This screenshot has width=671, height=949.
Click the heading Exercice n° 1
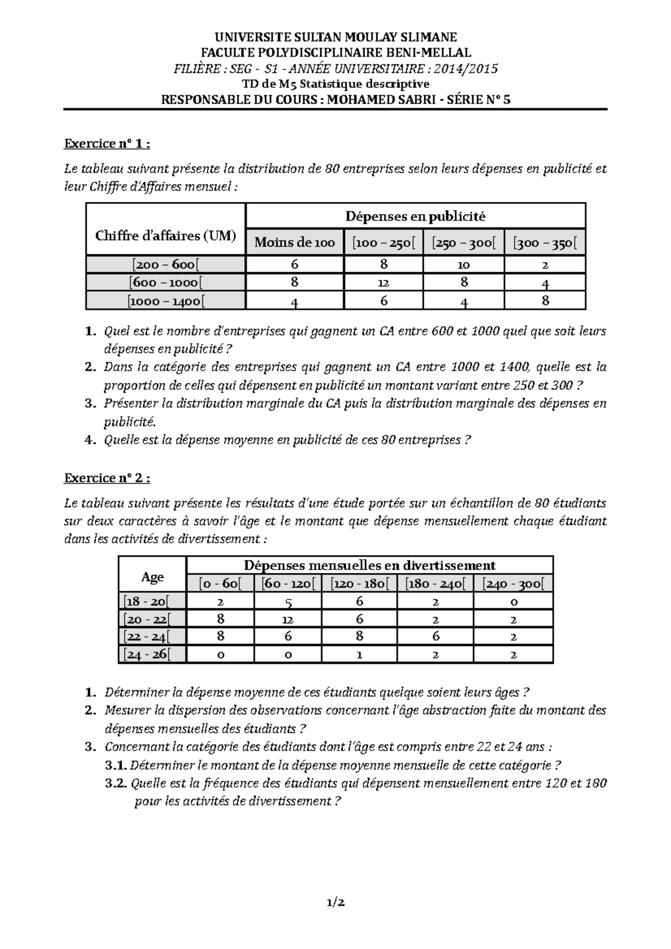point(107,144)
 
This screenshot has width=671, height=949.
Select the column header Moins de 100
point(295,242)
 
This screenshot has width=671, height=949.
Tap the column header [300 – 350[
point(545,243)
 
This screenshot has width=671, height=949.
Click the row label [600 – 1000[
point(166,283)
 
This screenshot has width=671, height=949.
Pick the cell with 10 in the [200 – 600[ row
point(464,265)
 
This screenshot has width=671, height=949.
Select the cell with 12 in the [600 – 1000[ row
point(383,283)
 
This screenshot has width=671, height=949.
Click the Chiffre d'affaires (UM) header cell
point(166,235)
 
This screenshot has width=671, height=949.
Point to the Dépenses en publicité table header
point(415,216)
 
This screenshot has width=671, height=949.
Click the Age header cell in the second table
point(153,577)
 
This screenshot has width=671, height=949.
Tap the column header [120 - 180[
point(359,584)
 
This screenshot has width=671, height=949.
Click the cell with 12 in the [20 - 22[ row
point(288,620)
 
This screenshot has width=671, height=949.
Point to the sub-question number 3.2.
point(116,784)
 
